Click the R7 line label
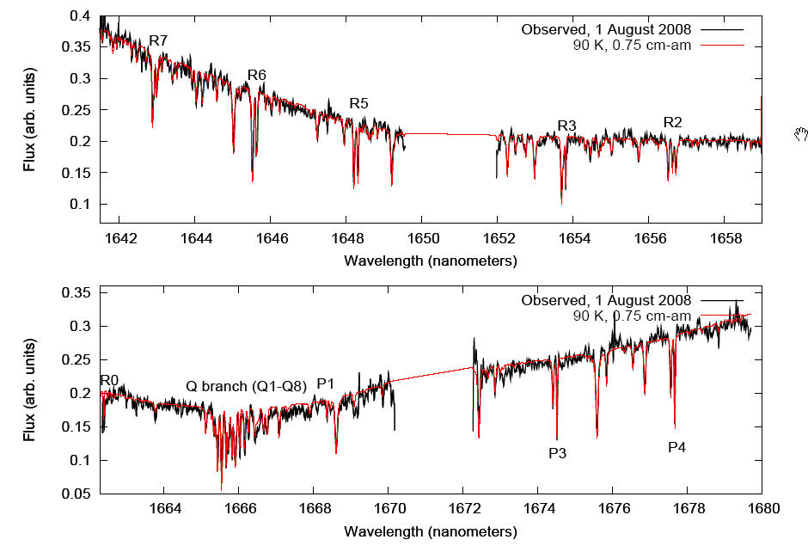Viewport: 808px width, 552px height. click(x=158, y=40)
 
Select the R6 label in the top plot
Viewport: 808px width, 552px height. click(x=256, y=76)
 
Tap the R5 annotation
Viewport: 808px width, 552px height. click(x=358, y=104)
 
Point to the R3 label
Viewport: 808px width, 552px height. click(x=566, y=126)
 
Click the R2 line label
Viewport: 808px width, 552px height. click(x=672, y=123)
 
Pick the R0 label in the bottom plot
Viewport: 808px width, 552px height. click(x=109, y=381)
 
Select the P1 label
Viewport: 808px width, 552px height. click(x=327, y=383)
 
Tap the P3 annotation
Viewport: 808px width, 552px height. click(x=557, y=452)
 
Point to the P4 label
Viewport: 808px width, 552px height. click(x=677, y=447)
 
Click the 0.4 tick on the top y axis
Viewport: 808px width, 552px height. click(x=80, y=16)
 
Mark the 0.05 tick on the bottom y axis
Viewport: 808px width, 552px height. click(x=77, y=494)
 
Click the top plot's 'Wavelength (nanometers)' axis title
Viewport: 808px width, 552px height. click(x=431, y=259)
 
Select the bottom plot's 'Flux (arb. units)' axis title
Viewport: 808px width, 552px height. click(x=31, y=392)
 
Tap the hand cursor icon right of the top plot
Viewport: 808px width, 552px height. click(x=801, y=132)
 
